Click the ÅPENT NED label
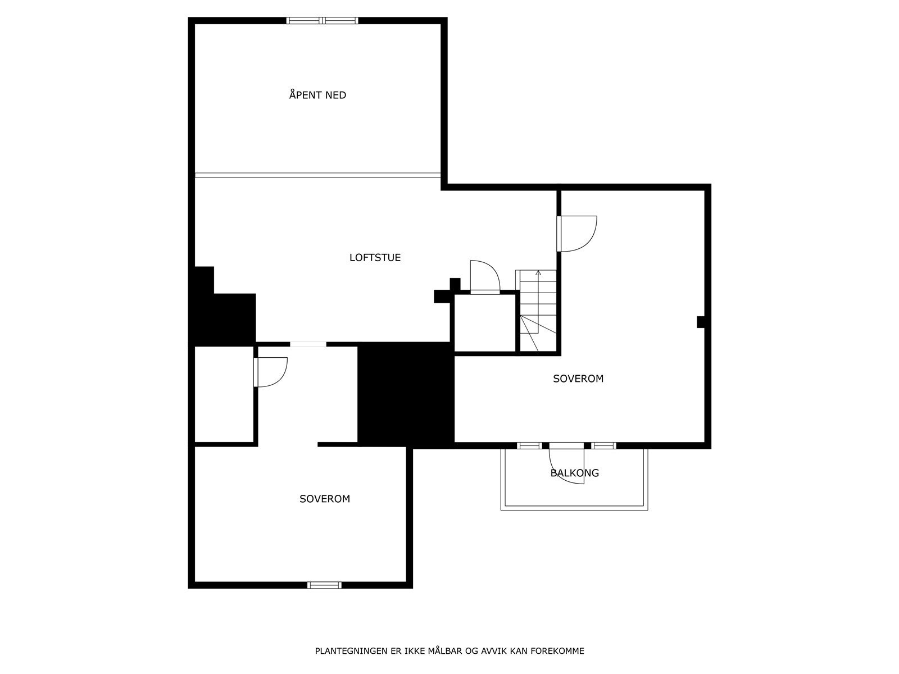[x=317, y=95]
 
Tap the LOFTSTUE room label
[x=375, y=258]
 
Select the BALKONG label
[x=574, y=473]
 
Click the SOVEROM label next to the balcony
[x=578, y=379]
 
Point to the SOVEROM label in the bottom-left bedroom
[x=325, y=499]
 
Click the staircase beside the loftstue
[x=538, y=311]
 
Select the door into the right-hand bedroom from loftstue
[x=576, y=234]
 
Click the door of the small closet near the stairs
[x=484, y=278]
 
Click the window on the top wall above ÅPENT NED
[x=323, y=21]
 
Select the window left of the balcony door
[x=529, y=446]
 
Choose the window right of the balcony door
[x=604, y=446]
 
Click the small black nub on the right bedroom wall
[x=700, y=322]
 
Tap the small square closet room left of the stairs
[x=484, y=323]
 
